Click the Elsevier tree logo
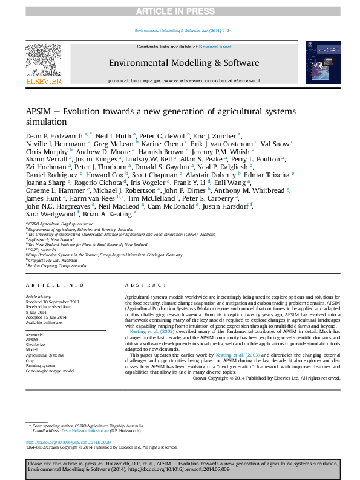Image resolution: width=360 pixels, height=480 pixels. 43,60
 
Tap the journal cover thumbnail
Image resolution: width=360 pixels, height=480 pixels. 318,63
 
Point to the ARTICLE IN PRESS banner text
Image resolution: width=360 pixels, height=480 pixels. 180,10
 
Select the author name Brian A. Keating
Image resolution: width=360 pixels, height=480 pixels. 107,213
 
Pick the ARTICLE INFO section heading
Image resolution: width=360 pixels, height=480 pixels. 55,285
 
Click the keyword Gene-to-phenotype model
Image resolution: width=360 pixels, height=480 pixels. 50,371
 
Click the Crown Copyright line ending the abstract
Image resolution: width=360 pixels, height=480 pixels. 266,377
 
